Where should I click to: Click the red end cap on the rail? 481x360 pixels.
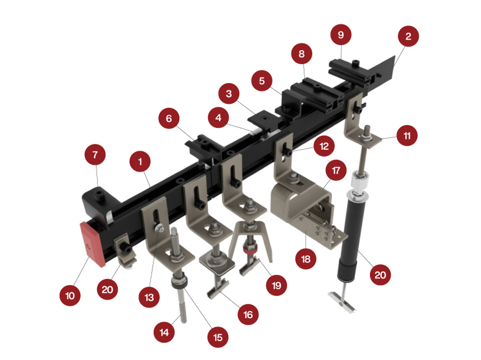(92, 244)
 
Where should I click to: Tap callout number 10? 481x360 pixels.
(70, 295)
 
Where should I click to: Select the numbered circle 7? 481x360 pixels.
(95, 155)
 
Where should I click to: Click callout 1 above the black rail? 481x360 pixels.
(140, 162)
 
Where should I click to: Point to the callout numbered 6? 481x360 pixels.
(169, 118)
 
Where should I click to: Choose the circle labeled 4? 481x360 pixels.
(218, 117)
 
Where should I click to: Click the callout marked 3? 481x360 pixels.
(229, 94)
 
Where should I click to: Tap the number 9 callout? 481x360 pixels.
(341, 34)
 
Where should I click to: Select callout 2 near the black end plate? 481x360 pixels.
(408, 36)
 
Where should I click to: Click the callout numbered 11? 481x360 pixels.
(407, 135)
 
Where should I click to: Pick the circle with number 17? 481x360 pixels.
(336, 170)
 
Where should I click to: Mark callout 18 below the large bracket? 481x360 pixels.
(306, 259)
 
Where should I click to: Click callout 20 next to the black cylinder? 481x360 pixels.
(380, 275)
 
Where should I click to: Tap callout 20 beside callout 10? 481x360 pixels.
(107, 290)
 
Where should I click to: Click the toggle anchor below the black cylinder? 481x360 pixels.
(343, 302)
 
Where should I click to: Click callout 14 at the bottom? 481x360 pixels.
(164, 332)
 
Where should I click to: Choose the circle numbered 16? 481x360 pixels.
(248, 314)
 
